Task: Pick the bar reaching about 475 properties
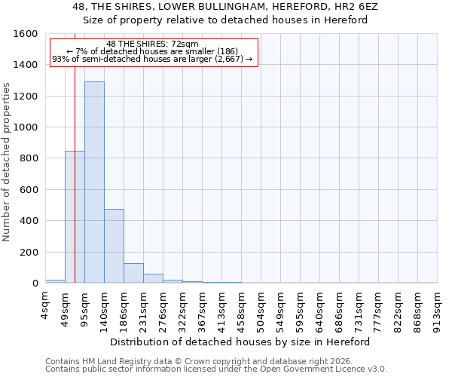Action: (114, 246)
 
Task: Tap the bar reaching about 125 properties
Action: (133, 273)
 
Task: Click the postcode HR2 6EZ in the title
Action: (366, 7)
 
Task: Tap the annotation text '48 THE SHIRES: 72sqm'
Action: (152, 44)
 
